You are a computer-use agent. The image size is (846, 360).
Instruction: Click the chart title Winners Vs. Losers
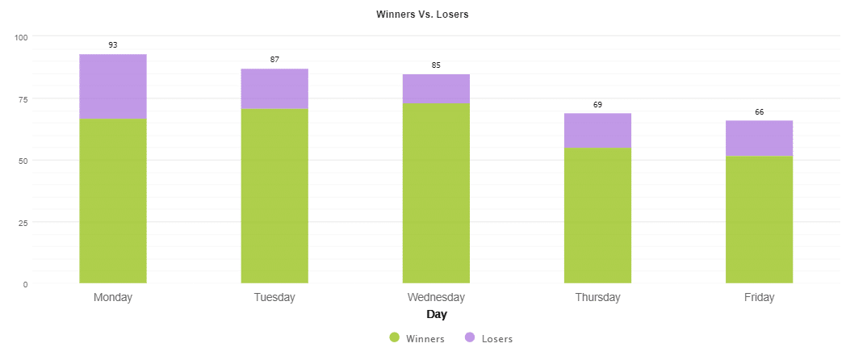tap(422, 15)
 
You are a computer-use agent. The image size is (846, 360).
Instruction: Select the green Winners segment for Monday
tap(113, 201)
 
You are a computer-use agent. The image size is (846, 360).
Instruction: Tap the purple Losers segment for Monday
tap(113, 86)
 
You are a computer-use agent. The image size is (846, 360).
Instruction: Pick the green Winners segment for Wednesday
tap(436, 193)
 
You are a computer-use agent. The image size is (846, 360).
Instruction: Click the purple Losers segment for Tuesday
tap(274, 89)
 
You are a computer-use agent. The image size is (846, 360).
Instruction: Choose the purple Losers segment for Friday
tap(759, 138)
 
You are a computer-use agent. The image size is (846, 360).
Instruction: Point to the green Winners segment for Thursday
tap(597, 216)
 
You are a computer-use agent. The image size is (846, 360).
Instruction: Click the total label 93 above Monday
tap(113, 45)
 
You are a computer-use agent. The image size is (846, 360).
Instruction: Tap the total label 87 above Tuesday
tap(274, 60)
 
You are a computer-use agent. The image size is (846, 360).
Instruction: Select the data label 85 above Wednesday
tap(436, 65)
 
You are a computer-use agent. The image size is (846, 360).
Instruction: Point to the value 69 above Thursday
tap(597, 105)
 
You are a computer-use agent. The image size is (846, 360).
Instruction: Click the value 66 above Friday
tap(759, 112)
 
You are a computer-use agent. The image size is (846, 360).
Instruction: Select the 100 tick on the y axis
tap(20, 37)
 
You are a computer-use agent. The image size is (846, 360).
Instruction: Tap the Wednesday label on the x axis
tap(436, 297)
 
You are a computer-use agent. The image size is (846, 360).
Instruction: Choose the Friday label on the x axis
tap(759, 297)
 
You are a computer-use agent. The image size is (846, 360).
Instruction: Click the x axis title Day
tap(437, 315)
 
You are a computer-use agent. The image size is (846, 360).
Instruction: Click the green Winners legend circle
tap(395, 338)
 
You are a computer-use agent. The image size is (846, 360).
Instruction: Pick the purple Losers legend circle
tap(469, 338)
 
